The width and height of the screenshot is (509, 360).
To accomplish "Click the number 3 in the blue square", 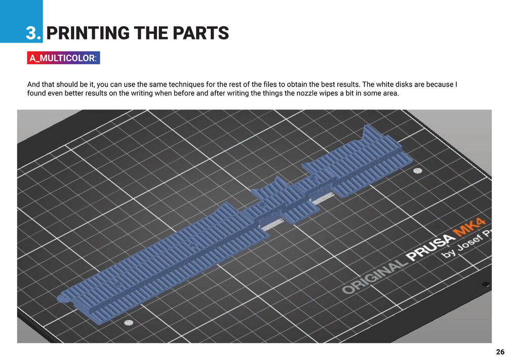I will click(x=33, y=33).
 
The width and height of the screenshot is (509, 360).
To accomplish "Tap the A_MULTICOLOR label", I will click(x=63, y=58).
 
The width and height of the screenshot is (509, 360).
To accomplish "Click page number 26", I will click(x=500, y=352).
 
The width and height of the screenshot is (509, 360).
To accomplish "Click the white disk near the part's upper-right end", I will click(x=418, y=171).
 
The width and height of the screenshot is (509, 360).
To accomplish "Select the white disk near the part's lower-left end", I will click(x=128, y=322).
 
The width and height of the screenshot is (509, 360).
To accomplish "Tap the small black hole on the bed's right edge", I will click(x=485, y=284).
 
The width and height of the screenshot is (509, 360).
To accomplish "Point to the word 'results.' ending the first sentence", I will click(x=348, y=84).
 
